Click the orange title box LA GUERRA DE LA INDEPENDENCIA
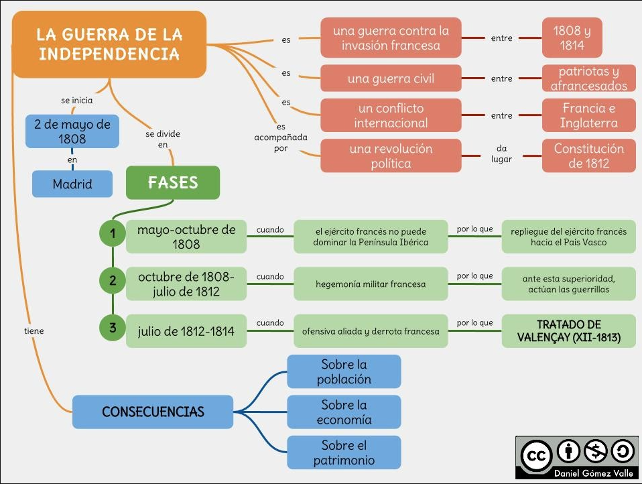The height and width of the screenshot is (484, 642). click(109, 44)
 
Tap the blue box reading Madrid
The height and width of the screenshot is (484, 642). click(72, 184)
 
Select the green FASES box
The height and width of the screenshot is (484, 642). click(173, 182)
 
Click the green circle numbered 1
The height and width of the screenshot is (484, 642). click(113, 233)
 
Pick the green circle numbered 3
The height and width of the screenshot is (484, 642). click(113, 328)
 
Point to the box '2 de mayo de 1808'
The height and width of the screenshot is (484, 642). click(72, 131)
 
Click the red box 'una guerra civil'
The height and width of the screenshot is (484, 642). click(391, 78)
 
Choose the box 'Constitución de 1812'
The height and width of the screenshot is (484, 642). click(589, 156)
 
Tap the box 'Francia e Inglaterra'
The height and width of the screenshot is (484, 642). click(589, 115)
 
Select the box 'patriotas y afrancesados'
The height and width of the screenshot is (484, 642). click(589, 78)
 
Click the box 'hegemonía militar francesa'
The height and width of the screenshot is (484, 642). click(371, 284)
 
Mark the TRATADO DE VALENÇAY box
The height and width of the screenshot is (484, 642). click(569, 331)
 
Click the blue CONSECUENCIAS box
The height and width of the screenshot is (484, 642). click(153, 412)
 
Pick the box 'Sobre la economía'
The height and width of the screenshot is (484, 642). click(344, 412)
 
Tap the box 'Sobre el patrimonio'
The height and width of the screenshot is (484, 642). click(344, 452)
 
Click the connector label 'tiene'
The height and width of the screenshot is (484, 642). click(34, 331)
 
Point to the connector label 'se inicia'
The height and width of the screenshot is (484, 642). click(77, 101)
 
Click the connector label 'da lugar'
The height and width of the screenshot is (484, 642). click(501, 154)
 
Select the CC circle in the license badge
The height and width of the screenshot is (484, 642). click(535, 455)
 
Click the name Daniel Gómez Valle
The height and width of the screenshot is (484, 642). click(593, 473)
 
